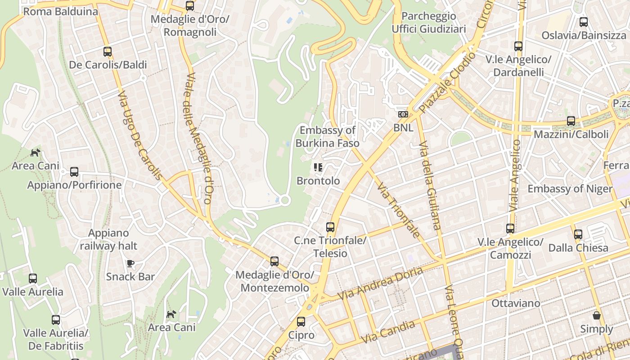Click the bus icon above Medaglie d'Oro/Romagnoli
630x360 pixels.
(x=190, y=6)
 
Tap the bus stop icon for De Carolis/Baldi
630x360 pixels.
(x=108, y=52)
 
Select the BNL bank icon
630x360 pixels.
(x=403, y=114)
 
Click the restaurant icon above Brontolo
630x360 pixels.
(x=318, y=168)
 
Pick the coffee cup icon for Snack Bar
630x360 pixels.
(x=130, y=263)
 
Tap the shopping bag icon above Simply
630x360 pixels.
(x=596, y=315)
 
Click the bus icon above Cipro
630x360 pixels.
(x=301, y=322)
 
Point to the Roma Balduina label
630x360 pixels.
(x=60, y=12)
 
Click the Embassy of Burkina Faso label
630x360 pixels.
(x=328, y=137)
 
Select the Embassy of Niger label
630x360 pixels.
(x=570, y=189)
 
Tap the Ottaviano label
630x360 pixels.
(x=516, y=303)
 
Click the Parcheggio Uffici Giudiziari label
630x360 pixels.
(x=429, y=22)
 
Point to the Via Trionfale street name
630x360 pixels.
(x=399, y=210)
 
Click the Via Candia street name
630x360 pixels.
(x=388, y=331)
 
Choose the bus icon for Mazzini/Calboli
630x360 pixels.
(x=571, y=121)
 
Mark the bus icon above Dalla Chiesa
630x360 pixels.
(x=578, y=234)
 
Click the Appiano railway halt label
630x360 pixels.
(x=108, y=239)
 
